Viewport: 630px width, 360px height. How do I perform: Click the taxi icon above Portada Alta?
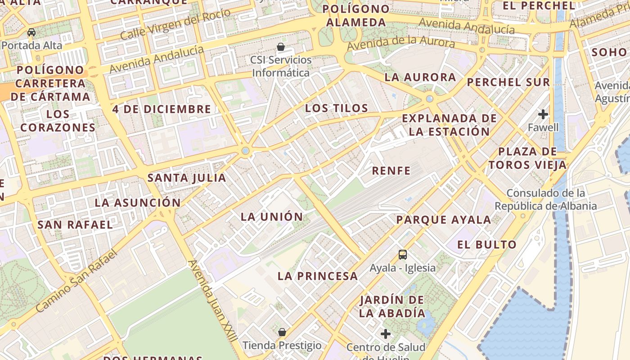pyautogui.click(x=31, y=32)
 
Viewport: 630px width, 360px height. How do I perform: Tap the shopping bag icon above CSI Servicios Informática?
pyautogui.click(x=281, y=47)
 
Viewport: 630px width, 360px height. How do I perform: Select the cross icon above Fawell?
pyautogui.click(x=543, y=114)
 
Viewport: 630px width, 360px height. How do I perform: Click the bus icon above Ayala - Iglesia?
pyautogui.click(x=403, y=255)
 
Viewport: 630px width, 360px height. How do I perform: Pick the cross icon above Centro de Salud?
pyautogui.click(x=386, y=334)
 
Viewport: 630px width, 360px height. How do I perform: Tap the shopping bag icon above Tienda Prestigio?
pyautogui.click(x=282, y=333)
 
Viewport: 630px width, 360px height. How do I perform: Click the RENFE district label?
pyautogui.click(x=391, y=171)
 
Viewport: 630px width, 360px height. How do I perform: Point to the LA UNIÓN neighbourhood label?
pyautogui.click(x=272, y=217)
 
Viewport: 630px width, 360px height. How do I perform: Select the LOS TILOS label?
pyautogui.click(x=337, y=108)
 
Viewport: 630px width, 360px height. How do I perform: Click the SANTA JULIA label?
pyautogui.click(x=187, y=178)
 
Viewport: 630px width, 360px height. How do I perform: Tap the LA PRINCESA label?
pyautogui.click(x=318, y=276)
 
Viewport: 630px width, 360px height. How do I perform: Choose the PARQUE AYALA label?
pyautogui.click(x=443, y=220)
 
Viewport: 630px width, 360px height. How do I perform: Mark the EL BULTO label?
pyautogui.click(x=487, y=245)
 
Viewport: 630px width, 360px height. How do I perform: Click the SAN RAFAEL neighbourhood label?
pyautogui.click(x=75, y=225)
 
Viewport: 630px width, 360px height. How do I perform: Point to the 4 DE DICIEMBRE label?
pyautogui.click(x=162, y=109)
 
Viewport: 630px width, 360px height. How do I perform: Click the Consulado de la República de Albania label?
pyautogui.click(x=546, y=199)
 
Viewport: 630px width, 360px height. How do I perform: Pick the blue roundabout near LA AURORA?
pyautogui.click(x=430, y=99)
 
